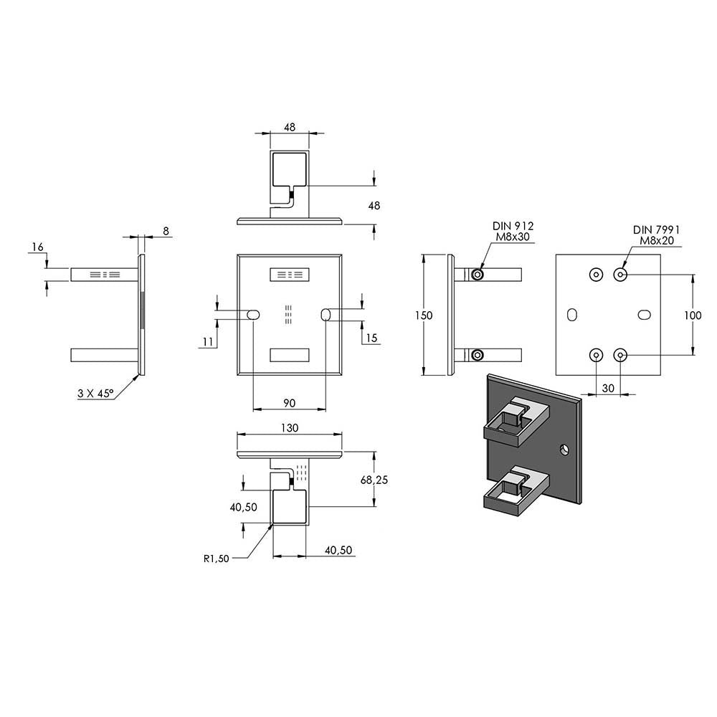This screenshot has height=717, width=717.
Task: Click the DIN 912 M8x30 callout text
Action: (513, 232)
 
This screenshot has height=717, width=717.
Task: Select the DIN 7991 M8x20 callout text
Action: (656, 235)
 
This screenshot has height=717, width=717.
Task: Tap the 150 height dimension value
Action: (424, 315)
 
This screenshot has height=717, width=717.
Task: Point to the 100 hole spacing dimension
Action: (693, 315)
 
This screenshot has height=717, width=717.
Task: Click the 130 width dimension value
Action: (290, 427)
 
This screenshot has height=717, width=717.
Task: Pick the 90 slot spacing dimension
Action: (289, 403)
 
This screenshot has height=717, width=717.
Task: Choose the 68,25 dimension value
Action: (374, 480)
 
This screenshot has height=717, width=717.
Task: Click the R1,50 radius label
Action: (217, 559)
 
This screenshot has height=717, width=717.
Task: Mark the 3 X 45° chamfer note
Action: (95, 393)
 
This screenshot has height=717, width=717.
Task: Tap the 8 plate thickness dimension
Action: (166, 231)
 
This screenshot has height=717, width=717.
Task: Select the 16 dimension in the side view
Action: (37, 247)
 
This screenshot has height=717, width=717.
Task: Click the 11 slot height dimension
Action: (208, 341)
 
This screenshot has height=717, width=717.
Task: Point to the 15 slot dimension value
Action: (371, 338)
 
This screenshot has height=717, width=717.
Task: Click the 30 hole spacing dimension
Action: (608, 388)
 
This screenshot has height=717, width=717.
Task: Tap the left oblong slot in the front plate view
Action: (253, 314)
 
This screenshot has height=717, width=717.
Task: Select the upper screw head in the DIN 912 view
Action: (478, 275)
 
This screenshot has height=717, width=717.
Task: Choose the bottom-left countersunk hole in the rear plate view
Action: (596, 354)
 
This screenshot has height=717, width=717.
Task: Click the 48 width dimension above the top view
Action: (290, 127)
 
